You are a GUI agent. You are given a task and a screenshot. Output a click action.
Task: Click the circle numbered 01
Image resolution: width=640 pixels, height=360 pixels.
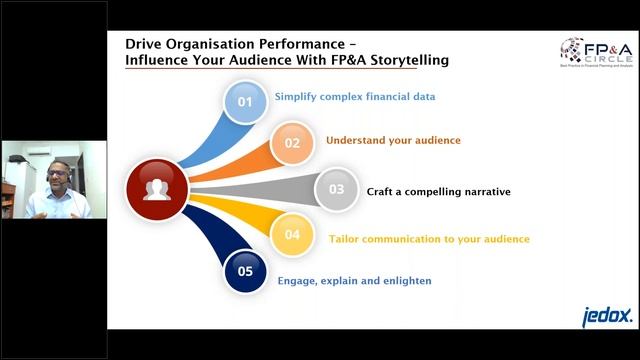click(x=245, y=101)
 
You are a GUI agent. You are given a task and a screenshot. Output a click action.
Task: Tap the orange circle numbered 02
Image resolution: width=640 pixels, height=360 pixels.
click(x=291, y=143)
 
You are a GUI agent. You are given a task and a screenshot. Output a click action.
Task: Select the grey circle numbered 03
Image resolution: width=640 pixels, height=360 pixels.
click(x=336, y=189)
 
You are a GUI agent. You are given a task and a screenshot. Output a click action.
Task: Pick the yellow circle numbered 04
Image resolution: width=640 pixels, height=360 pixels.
click(x=291, y=235)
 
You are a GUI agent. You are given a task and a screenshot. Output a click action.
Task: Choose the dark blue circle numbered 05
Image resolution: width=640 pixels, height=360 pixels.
click(x=245, y=269)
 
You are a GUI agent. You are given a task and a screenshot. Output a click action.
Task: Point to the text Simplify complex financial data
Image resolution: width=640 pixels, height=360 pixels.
click(x=341, y=97)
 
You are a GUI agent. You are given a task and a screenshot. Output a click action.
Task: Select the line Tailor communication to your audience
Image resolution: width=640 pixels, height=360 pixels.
click(x=429, y=239)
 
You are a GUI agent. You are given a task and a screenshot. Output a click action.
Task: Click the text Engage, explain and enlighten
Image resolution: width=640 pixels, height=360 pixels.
click(x=355, y=281)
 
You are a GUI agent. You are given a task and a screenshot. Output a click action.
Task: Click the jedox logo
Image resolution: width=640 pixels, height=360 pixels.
click(x=607, y=316)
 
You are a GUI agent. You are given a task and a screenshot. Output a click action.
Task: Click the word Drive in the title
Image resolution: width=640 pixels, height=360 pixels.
click(x=143, y=44)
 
